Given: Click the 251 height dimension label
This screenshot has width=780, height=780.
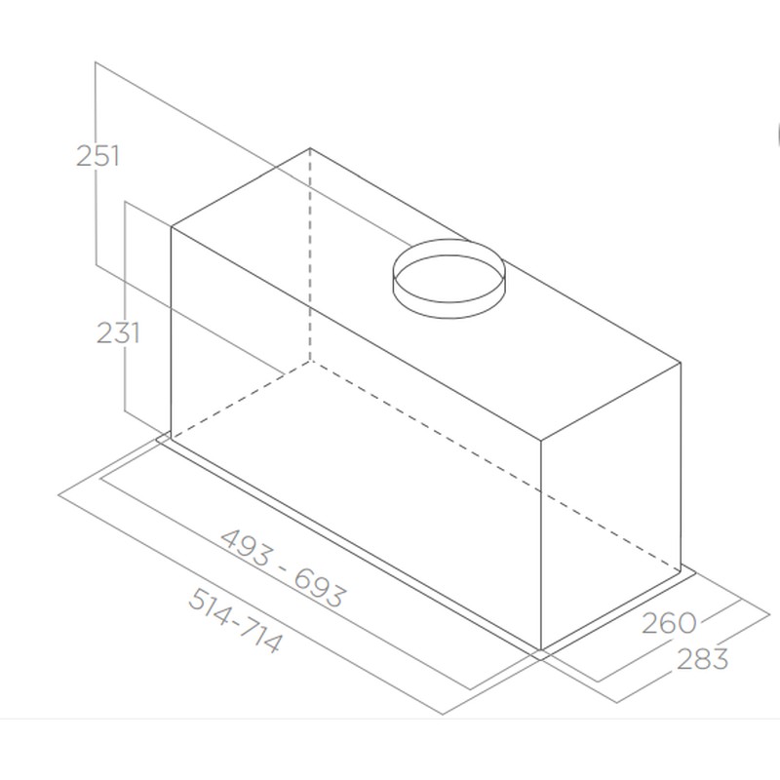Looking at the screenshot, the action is (97, 156).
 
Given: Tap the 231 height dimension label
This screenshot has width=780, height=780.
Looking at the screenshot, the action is (118, 332).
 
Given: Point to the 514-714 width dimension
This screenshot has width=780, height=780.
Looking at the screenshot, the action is (234, 620).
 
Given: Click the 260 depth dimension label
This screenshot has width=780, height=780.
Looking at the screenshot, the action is (669, 623).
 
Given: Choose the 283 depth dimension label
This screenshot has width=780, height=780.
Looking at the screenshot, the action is (702, 659).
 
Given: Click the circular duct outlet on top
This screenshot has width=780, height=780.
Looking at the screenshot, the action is (448, 279).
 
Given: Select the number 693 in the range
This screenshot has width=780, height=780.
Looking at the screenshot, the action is (319, 588).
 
